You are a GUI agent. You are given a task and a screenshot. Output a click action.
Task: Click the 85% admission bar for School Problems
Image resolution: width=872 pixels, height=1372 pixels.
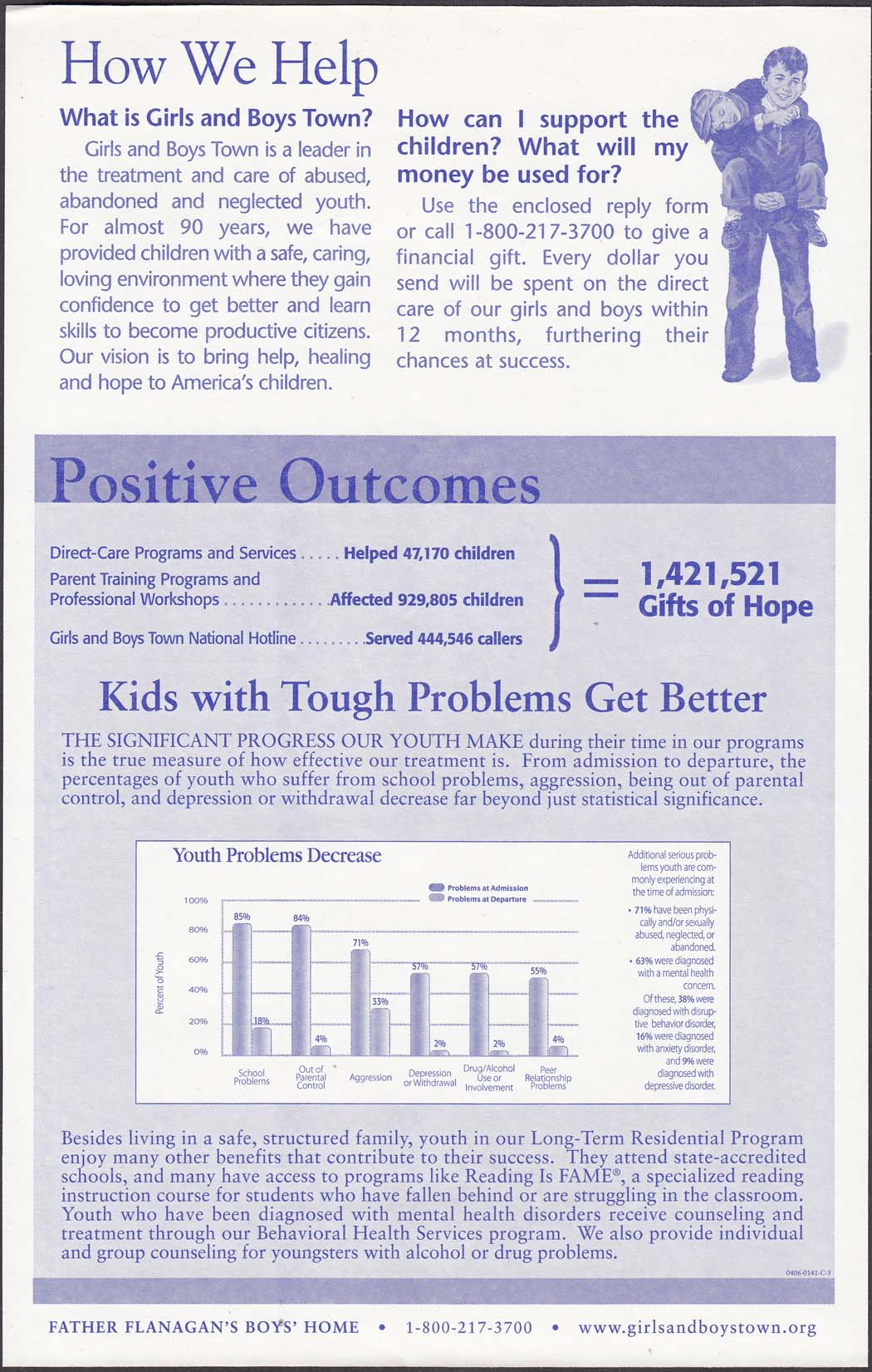(x=241, y=989)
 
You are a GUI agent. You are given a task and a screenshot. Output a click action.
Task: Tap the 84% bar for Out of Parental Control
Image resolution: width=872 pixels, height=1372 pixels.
(x=301, y=989)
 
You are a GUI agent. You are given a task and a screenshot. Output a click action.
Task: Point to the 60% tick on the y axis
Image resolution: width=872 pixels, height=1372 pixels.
(x=198, y=960)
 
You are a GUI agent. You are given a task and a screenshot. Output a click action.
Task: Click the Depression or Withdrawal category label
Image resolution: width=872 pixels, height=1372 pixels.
(x=429, y=1078)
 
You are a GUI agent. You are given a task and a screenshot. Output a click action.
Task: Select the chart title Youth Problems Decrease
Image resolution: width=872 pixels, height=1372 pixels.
(x=277, y=855)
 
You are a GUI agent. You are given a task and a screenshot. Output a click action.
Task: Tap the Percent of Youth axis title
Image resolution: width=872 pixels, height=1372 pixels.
(x=160, y=983)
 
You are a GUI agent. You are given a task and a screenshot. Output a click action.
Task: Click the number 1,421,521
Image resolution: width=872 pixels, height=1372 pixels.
(x=710, y=574)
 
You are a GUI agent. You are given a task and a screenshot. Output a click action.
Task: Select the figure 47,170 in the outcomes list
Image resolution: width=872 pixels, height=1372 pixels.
(x=426, y=553)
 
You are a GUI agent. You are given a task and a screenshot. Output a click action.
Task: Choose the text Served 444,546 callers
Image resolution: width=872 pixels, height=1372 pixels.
(x=443, y=639)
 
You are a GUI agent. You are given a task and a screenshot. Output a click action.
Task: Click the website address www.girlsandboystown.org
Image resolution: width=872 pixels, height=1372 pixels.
(x=697, y=1327)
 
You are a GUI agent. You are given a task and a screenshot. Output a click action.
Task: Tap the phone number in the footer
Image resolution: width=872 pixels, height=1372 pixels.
(x=468, y=1327)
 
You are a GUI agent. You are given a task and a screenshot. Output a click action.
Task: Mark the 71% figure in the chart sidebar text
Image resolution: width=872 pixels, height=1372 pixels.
(x=643, y=910)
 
